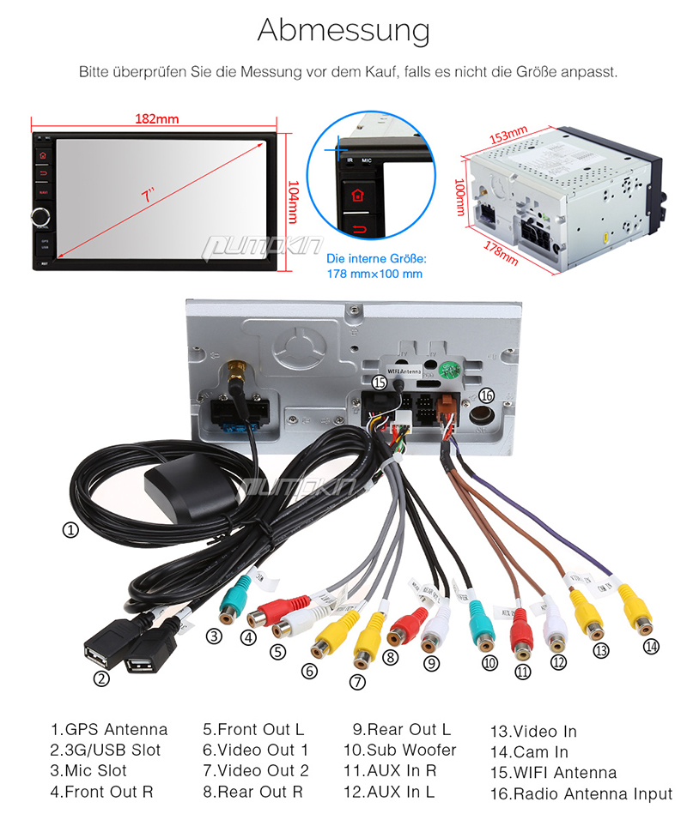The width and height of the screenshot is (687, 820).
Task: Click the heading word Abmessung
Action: [x=343, y=30]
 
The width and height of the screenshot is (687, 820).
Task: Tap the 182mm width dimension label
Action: [x=155, y=118]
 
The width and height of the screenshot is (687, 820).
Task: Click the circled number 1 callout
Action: [x=70, y=530]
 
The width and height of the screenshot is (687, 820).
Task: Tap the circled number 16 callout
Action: [x=487, y=395]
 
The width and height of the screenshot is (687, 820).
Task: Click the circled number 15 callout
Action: [x=380, y=382]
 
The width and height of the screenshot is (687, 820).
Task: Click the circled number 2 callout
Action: [x=101, y=678]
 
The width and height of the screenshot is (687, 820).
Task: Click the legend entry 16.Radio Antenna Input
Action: [x=581, y=794]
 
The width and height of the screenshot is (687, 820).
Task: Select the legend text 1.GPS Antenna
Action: [x=109, y=730]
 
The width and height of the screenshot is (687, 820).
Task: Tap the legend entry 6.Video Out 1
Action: [x=255, y=750]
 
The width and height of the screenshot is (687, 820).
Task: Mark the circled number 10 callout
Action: [x=489, y=662]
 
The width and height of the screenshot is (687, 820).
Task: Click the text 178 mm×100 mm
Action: [x=374, y=274]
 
